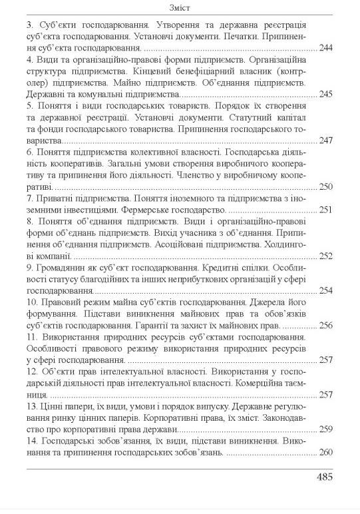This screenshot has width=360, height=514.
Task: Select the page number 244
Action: point(325,49)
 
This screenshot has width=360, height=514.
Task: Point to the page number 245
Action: point(325,95)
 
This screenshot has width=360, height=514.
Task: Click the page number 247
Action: point(325,140)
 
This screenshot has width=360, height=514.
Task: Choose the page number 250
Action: point(325,186)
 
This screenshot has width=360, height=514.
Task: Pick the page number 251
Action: point(325,209)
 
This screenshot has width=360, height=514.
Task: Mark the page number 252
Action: point(325,255)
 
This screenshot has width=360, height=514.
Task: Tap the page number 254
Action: point(325,290)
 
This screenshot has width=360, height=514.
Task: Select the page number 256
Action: point(325,325)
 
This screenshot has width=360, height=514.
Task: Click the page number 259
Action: point(325,429)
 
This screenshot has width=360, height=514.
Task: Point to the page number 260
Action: point(325,452)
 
